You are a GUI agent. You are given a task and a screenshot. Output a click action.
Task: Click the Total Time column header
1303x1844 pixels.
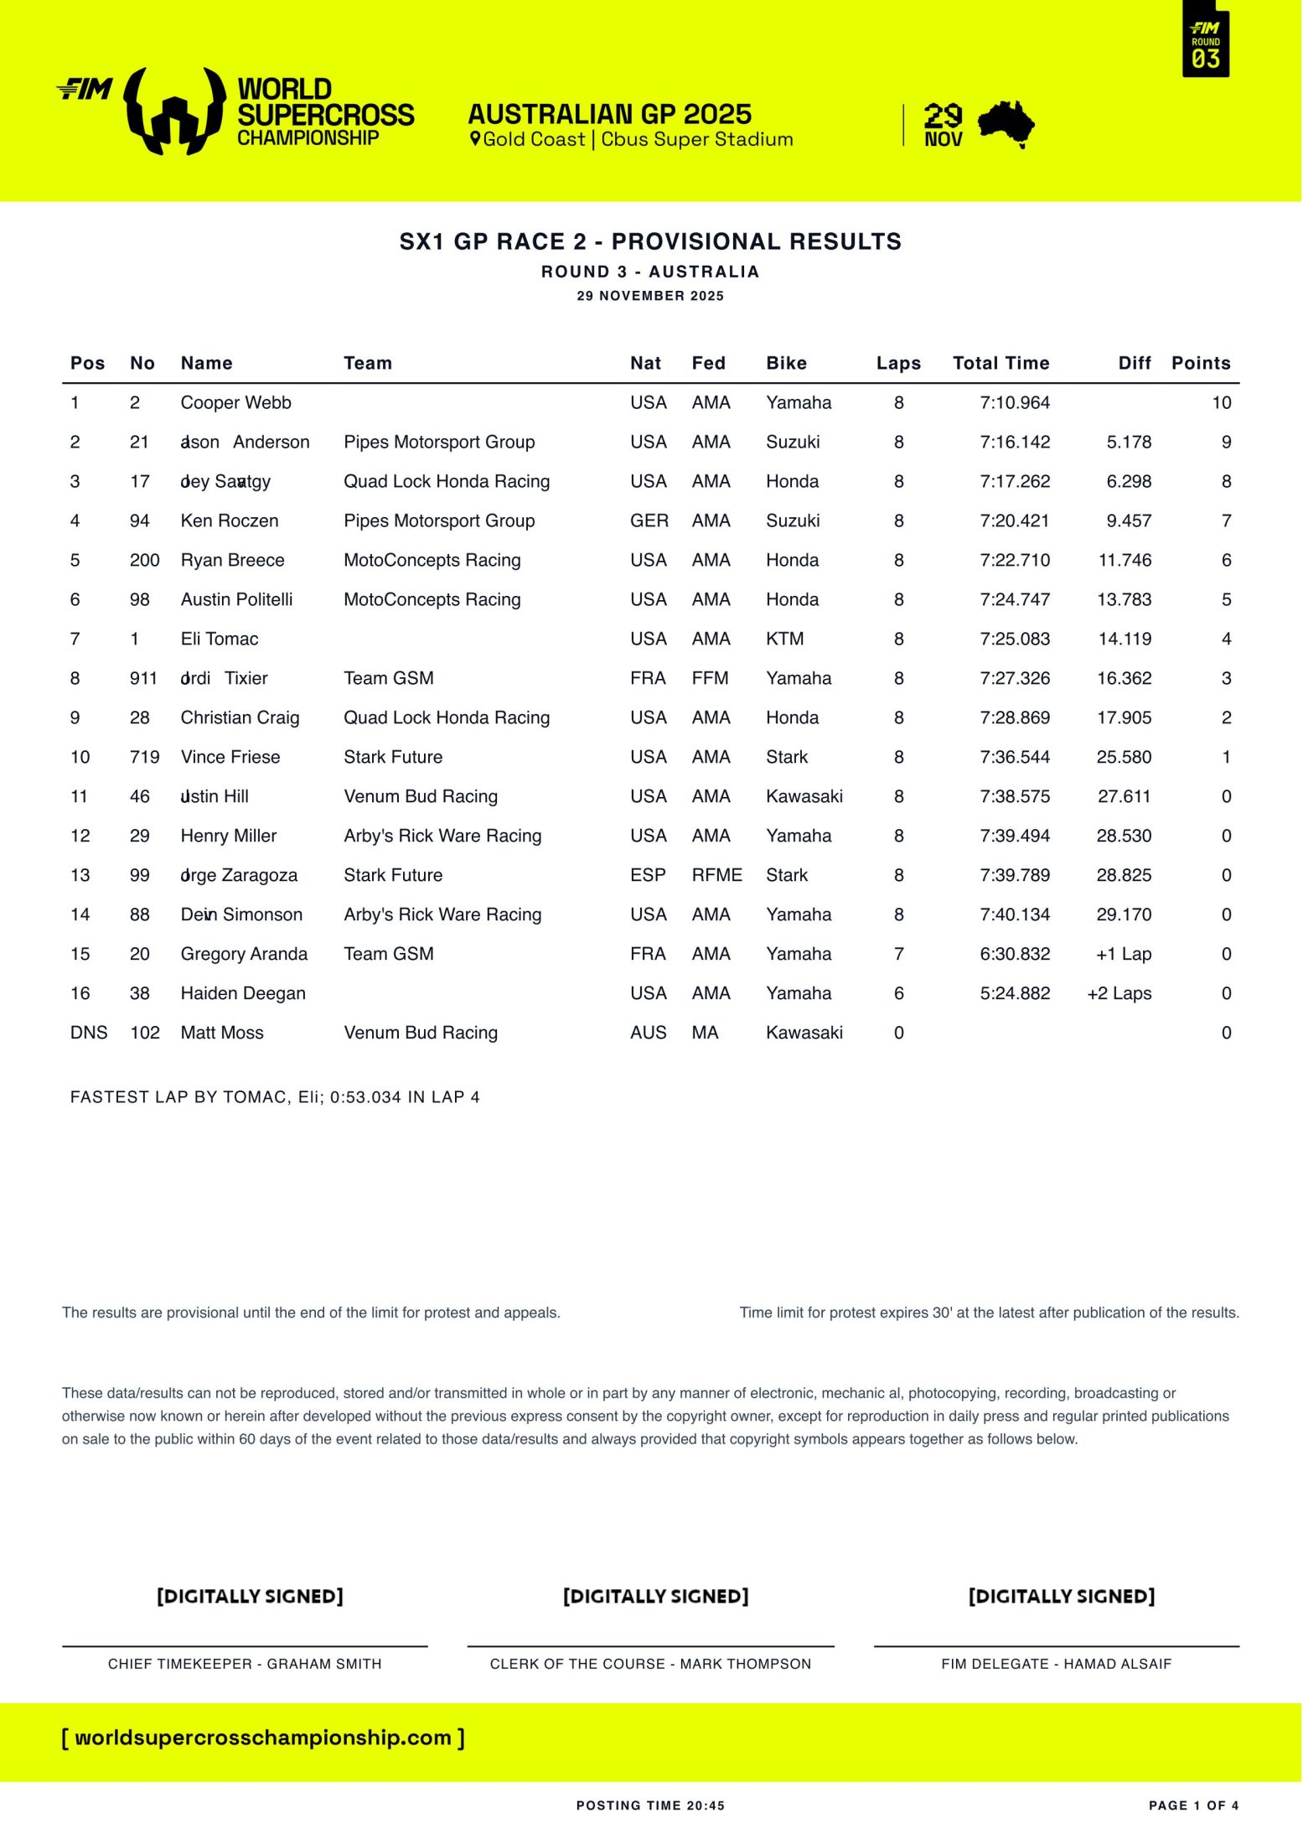(1001, 363)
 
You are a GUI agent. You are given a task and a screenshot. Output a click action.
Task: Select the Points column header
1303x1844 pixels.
(1200, 363)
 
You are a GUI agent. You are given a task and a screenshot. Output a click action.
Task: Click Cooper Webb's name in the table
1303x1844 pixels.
(235, 402)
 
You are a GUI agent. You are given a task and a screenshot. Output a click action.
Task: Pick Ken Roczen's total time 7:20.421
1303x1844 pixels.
(1014, 521)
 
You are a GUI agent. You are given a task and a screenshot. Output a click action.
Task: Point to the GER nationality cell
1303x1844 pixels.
(649, 521)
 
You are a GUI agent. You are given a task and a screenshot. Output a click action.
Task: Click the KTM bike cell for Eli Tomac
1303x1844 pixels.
(784, 639)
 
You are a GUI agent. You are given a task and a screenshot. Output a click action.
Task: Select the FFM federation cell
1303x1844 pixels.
(710, 678)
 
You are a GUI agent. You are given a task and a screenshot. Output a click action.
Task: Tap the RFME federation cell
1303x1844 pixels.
(716, 875)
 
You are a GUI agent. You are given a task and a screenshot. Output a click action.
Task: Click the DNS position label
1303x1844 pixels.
(89, 1033)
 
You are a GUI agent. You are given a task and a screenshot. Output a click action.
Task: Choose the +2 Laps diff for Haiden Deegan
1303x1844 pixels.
(1119, 993)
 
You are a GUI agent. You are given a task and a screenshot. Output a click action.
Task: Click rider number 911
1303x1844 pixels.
(143, 678)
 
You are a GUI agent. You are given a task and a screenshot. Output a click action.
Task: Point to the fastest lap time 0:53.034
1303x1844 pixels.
(365, 1097)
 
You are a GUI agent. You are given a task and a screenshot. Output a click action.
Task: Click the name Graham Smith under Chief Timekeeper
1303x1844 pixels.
(323, 1664)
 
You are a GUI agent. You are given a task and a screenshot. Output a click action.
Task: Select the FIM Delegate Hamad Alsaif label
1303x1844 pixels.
(1056, 1664)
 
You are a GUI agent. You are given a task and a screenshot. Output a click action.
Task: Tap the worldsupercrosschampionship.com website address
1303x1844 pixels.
(263, 1738)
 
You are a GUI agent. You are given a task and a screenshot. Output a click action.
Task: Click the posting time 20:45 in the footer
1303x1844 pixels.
(705, 1805)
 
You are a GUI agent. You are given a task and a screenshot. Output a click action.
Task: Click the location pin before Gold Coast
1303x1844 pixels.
(475, 139)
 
